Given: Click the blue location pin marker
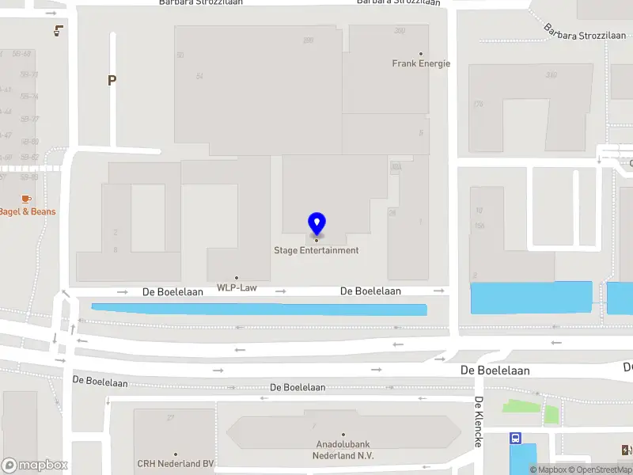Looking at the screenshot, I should [x=316, y=224].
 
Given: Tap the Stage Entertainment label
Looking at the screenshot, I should [x=316, y=251].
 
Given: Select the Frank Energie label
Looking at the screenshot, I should [x=421, y=63].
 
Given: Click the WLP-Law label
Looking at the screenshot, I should [x=237, y=288].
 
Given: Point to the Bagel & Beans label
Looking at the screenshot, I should [x=28, y=211].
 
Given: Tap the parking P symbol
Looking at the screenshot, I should [x=112, y=80].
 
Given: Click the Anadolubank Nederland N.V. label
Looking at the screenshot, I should [x=344, y=450].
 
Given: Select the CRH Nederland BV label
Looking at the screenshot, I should [x=176, y=464].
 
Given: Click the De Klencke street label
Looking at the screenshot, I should [x=479, y=421].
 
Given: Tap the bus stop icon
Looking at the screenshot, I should [x=516, y=438].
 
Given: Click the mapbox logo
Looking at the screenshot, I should [x=33, y=465].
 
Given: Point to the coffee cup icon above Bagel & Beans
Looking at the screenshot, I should [x=26, y=198].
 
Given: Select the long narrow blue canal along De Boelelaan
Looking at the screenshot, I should [x=260, y=309].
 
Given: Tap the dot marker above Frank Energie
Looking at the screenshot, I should [x=421, y=54].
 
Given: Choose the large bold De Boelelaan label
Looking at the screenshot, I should [x=495, y=370].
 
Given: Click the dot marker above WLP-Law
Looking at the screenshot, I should [x=236, y=278].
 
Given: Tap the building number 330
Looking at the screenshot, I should [x=551, y=75].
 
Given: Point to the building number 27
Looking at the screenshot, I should [x=170, y=417].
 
